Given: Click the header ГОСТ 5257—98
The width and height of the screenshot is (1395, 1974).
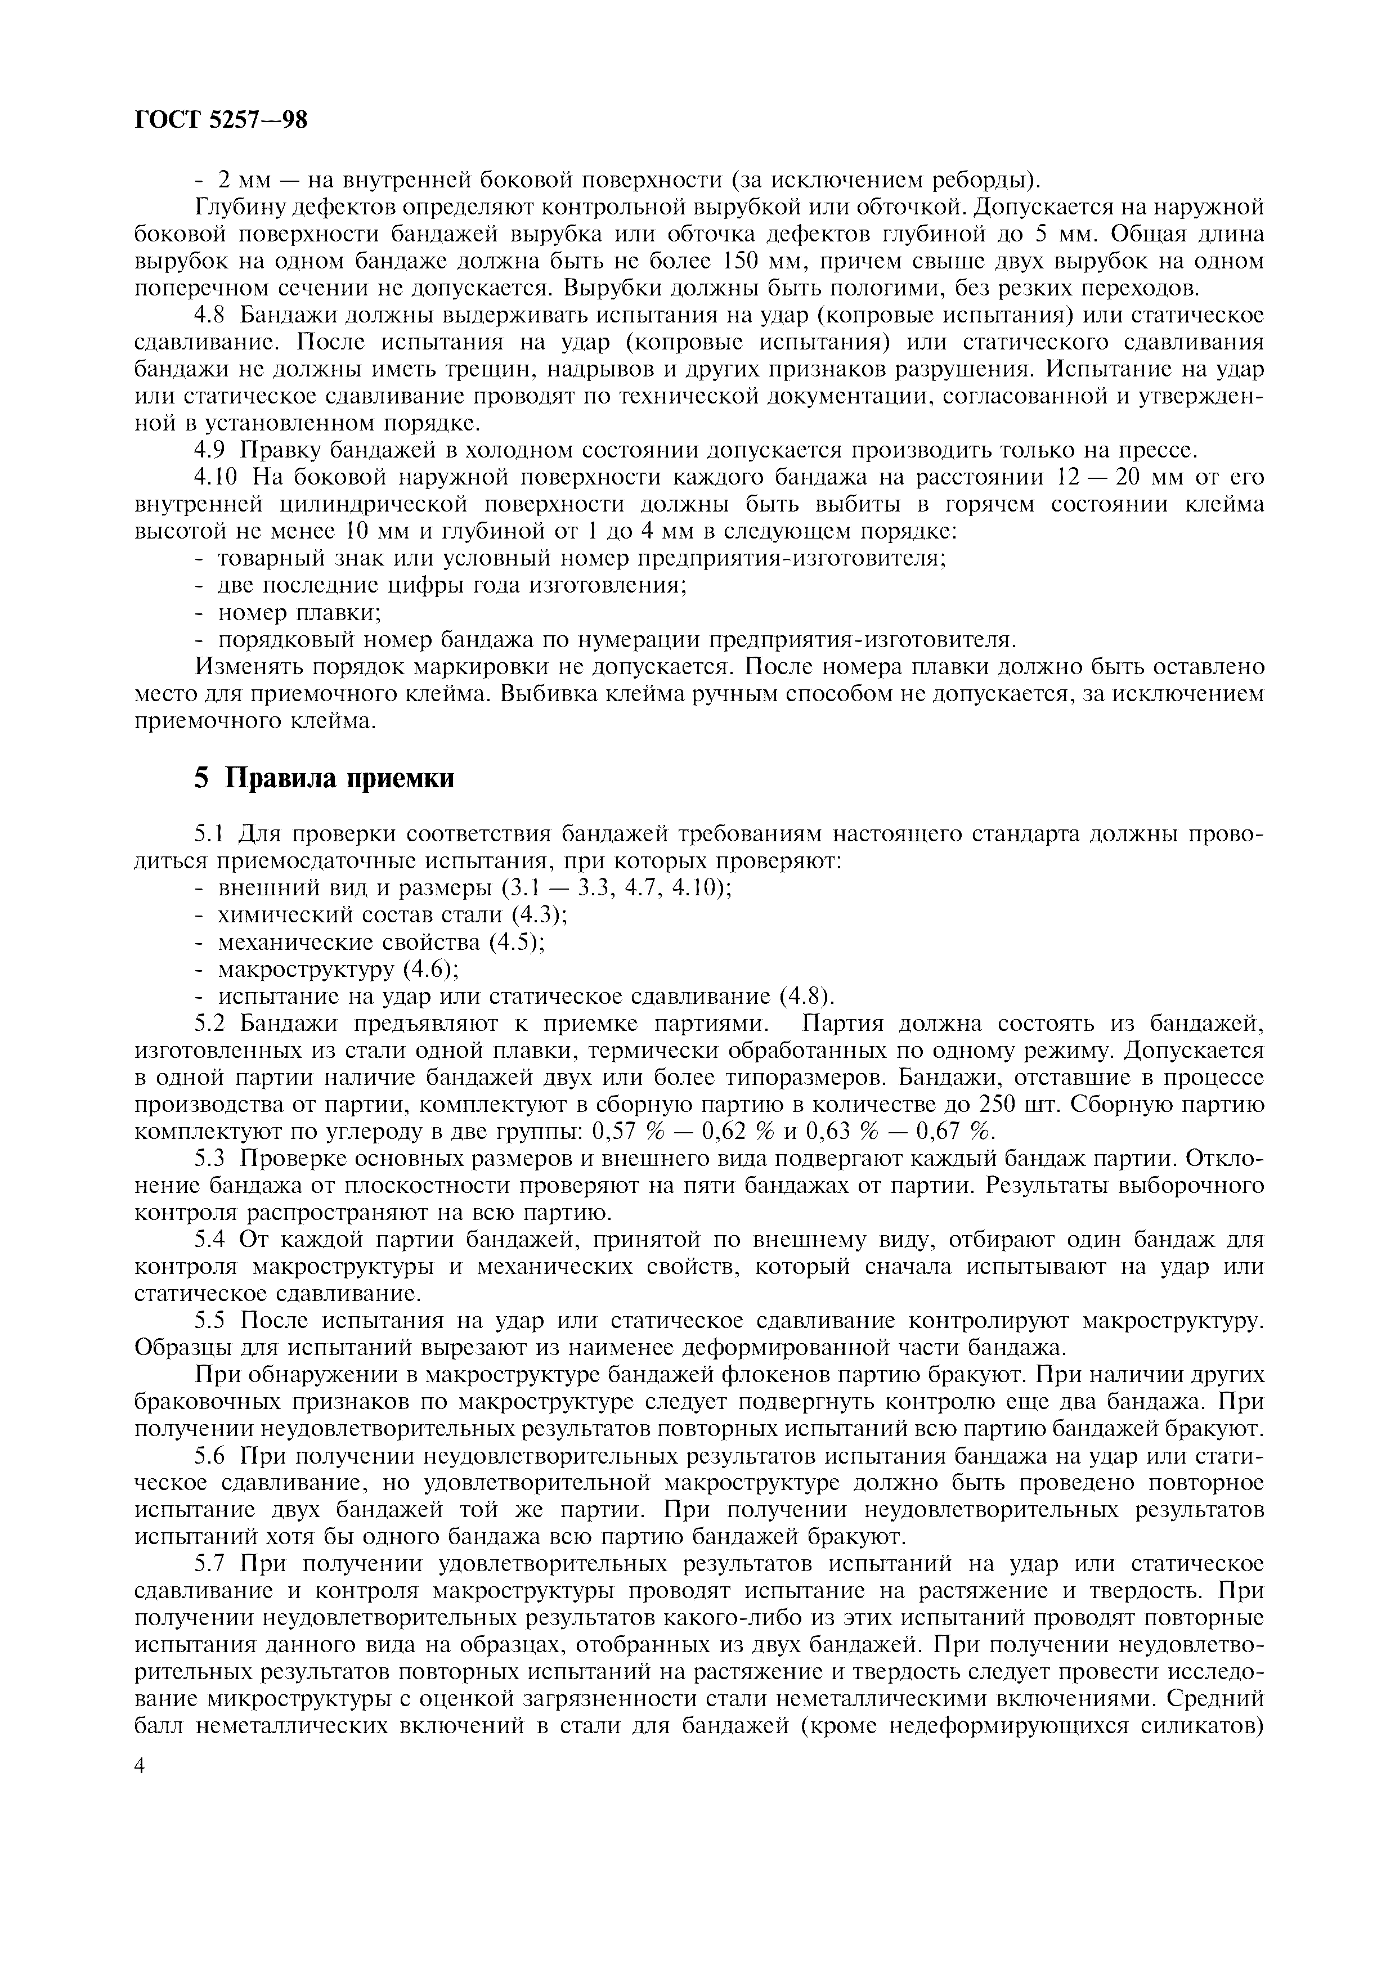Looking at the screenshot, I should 221,120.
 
